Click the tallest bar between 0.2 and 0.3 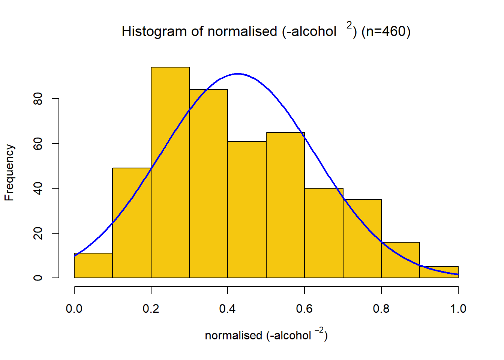pos(170,172)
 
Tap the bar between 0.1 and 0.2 pos(132,223)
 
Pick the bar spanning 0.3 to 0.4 pos(208,184)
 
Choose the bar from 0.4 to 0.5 pos(247,210)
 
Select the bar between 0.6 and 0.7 pos(324,233)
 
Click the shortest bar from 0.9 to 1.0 pos(439,272)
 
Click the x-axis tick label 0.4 pos(228,309)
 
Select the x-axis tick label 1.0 pos(458,309)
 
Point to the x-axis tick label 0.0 pos(74,309)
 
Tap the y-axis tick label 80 pos(38,99)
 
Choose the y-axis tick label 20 pos(38,233)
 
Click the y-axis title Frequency pos(9,172)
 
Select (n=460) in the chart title pos(386,31)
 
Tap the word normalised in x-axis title pos(233,335)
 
